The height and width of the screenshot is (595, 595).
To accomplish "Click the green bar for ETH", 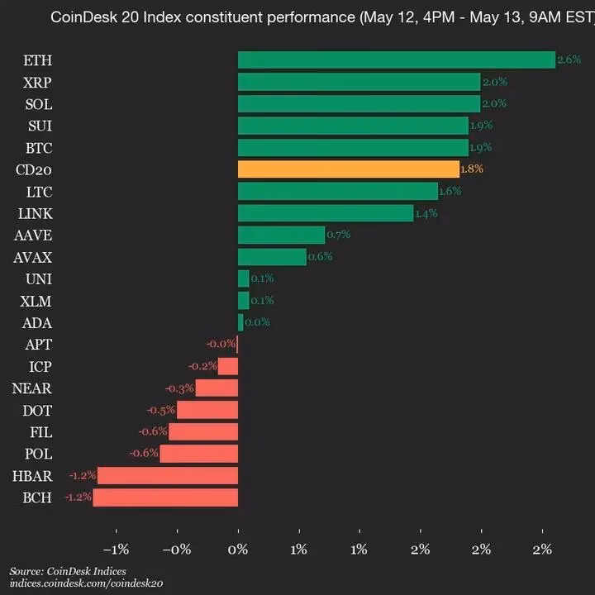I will tap(397, 59).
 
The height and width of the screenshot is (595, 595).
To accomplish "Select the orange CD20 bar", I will tap(348, 169).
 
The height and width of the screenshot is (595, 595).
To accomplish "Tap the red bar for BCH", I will tap(165, 497).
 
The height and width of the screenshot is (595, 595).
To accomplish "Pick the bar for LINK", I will tap(326, 213).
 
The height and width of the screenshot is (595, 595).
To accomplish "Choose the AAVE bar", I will tap(281, 235).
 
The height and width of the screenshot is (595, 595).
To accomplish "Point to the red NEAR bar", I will tap(217, 388).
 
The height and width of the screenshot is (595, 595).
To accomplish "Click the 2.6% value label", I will tap(569, 59).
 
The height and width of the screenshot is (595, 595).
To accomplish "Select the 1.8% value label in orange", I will tap(472, 169).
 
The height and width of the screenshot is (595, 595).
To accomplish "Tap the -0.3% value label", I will tap(179, 388).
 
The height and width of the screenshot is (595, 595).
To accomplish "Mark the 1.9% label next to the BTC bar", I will tap(481, 147).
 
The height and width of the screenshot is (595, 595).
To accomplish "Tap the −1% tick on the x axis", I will tap(116, 550).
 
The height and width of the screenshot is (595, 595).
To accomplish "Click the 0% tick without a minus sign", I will tap(238, 550).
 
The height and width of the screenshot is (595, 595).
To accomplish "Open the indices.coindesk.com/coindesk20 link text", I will tap(86, 583).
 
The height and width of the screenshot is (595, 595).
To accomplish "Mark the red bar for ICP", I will tap(228, 366).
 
